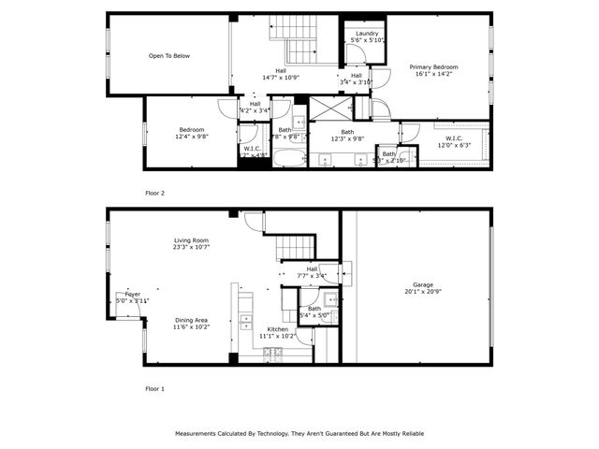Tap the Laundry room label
click(x=367, y=34)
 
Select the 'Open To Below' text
click(x=168, y=56)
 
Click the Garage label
click(x=423, y=284)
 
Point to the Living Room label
click(x=191, y=240)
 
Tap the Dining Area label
click(x=192, y=321)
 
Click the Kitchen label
click(x=278, y=330)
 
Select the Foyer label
click(x=132, y=294)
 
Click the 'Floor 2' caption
click(x=154, y=193)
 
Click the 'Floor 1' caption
click(x=154, y=387)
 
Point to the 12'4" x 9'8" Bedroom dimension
click(x=192, y=137)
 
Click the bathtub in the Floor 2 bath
click(x=288, y=158)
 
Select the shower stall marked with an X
click(x=327, y=109)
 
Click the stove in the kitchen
click(x=272, y=354)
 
